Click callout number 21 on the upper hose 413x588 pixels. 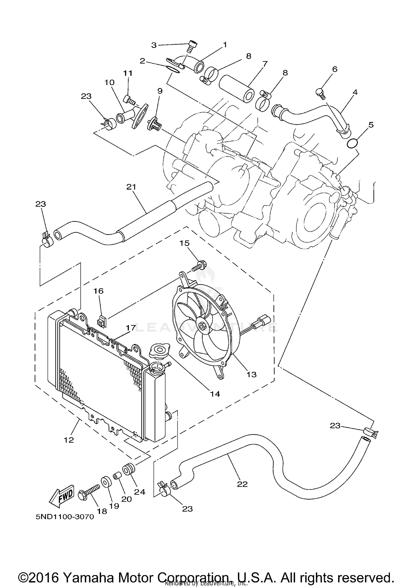coord(131,187)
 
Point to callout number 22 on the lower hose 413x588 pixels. coord(242,484)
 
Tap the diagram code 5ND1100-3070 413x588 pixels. coord(65,517)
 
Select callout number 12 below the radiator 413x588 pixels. coord(69,440)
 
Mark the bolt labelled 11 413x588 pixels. coord(130,100)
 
